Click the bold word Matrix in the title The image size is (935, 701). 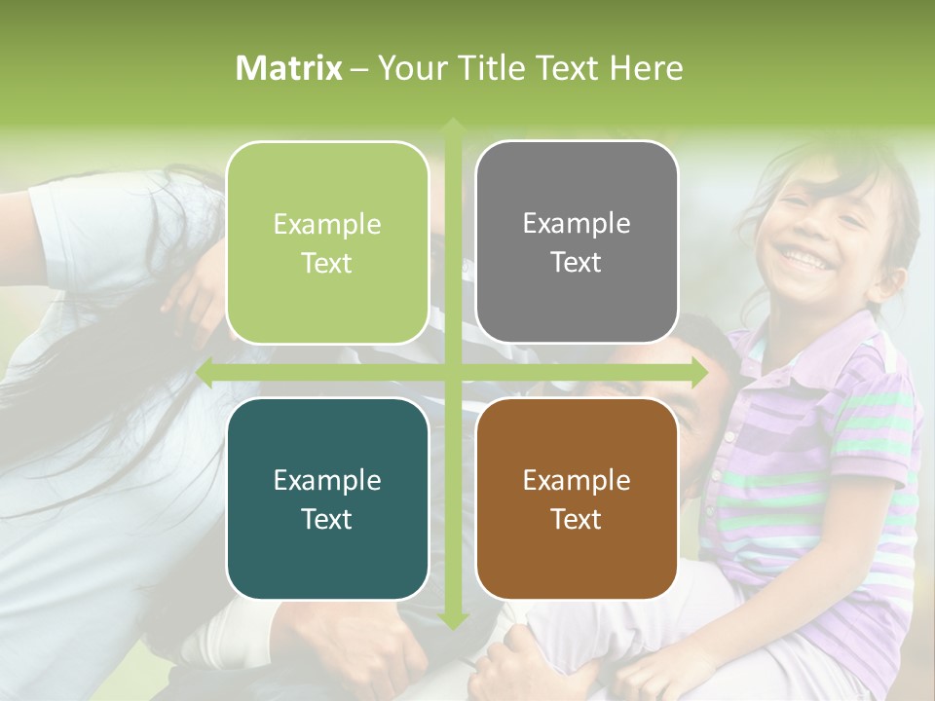288,68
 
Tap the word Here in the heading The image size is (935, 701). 646,68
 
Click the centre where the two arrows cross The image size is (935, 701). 452,372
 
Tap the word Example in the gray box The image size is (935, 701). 577,224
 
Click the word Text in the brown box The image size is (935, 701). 577,519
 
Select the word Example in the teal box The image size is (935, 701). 327,480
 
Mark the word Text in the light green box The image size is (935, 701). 327,263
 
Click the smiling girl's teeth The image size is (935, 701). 804,257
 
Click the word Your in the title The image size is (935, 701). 405,68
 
